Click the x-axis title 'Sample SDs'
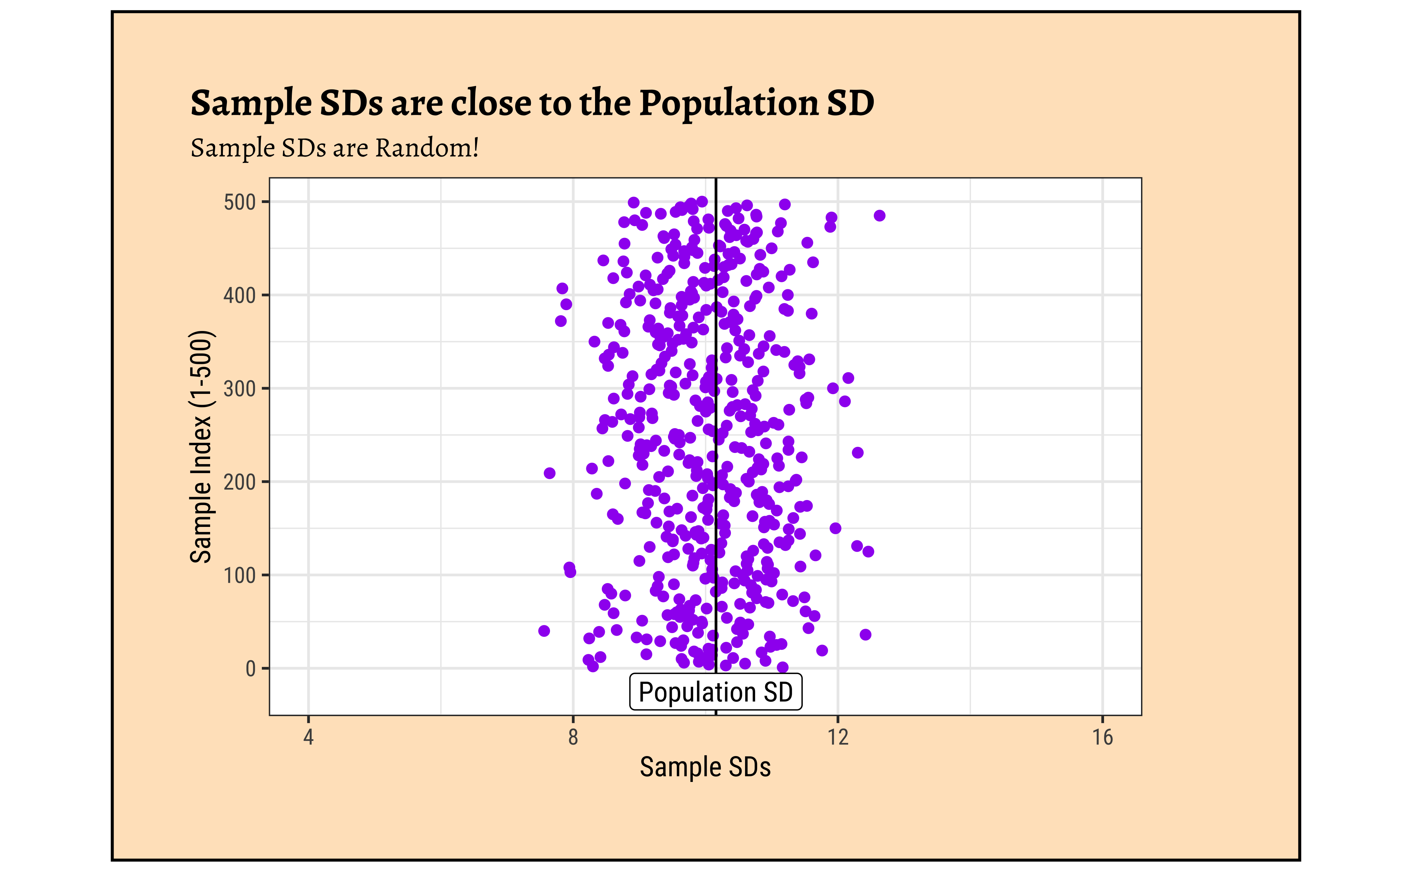pos(705,767)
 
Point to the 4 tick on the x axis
pos(308,737)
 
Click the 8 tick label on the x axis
pos(573,737)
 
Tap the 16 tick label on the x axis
pos(1102,737)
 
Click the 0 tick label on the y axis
pos(250,668)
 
